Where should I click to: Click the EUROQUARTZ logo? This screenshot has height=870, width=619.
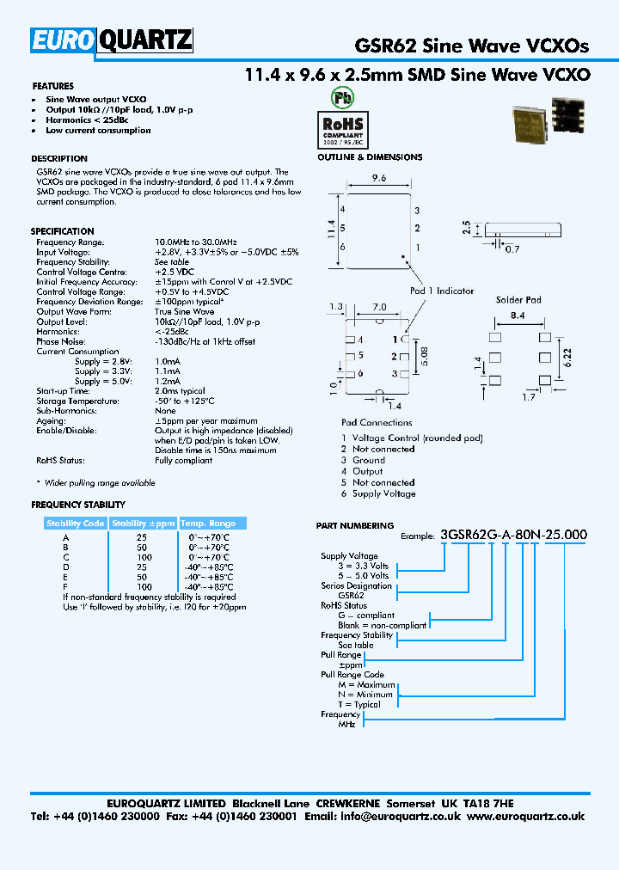[113, 41]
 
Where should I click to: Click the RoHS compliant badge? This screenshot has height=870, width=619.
[342, 128]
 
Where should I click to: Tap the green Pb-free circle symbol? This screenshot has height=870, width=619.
[342, 97]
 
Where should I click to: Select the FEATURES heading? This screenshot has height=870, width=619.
[52, 86]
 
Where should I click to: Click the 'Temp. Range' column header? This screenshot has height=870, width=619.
[207, 523]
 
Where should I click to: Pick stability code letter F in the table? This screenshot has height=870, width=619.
[65, 587]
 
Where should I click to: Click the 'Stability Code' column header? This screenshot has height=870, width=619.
[75, 523]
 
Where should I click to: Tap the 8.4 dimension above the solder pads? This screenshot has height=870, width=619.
[518, 317]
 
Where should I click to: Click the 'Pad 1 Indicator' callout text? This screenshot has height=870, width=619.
[441, 291]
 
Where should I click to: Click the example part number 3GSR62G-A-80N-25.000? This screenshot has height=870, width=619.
[513, 534]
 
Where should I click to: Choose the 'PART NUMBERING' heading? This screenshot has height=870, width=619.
[354, 525]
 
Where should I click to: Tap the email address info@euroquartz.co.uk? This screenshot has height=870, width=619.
[402, 816]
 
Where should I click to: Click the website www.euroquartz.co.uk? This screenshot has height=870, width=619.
[527, 816]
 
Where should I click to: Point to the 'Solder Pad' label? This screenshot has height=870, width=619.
[518, 300]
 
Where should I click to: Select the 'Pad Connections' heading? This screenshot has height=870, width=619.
[377, 422]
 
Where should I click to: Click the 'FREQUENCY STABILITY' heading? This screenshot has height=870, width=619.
[78, 505]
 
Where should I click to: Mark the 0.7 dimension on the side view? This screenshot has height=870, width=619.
[512, 248]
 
